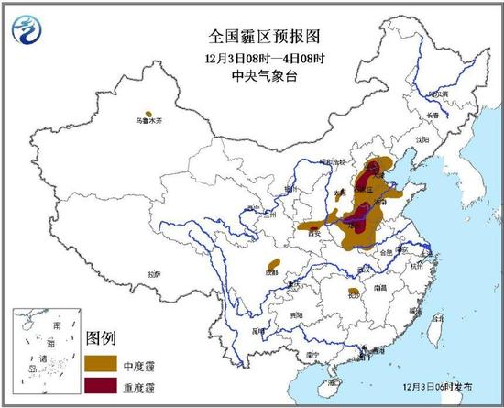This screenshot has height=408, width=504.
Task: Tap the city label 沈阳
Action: click(422, 138)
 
